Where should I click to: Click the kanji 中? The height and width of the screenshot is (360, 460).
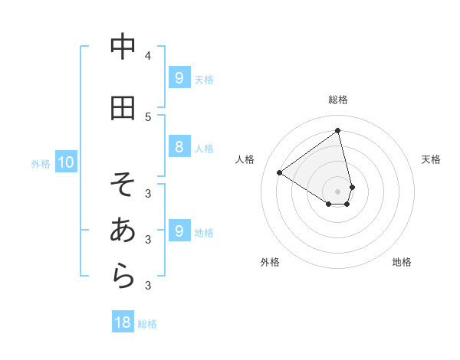123,47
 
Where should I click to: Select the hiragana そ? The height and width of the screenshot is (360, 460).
123,185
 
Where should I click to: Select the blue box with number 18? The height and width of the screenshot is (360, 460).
123,322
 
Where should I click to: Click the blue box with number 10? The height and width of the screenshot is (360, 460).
65,162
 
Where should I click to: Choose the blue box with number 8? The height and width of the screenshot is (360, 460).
179,147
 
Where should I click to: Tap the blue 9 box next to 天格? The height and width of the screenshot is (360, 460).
179,78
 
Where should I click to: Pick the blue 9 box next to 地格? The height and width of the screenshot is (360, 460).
179,231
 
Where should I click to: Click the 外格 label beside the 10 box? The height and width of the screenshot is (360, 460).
41,163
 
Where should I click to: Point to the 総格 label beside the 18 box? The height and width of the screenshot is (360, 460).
147,324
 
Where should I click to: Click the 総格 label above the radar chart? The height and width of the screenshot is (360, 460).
338,100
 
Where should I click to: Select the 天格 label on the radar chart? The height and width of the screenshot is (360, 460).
431,159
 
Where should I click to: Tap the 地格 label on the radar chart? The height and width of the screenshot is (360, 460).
402,262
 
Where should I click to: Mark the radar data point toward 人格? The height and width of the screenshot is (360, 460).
280,172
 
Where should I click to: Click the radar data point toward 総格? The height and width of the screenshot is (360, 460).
338,131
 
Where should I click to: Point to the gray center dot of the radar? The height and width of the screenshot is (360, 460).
338,191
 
